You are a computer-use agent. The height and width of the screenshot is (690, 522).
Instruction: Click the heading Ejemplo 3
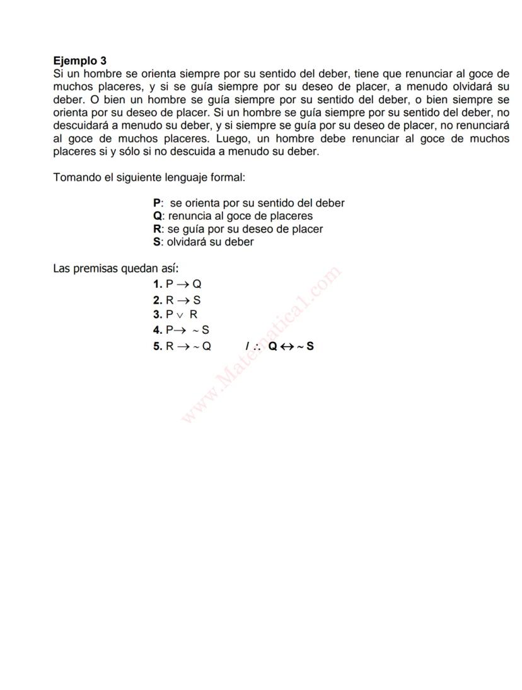coord(80,61)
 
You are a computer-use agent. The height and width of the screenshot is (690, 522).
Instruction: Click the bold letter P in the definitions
coord(157,203)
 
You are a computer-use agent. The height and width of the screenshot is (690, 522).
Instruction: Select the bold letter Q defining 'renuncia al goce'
coord(158,216)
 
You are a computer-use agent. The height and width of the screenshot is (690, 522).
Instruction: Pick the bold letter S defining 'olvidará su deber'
coord(157,242)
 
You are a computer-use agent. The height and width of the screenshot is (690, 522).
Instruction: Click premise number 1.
coord(158,284)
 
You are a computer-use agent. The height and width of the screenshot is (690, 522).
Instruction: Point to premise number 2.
coord(158,300)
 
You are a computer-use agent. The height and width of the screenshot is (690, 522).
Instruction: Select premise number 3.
coord(158,314)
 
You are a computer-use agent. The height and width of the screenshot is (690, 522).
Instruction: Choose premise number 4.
coord(158,329)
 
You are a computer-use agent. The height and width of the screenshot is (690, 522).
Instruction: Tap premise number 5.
coord(158,346)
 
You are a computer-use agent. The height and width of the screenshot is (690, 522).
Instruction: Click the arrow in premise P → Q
coord(183,285)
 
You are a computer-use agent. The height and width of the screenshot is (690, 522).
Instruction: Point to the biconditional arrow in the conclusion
coord(287,346)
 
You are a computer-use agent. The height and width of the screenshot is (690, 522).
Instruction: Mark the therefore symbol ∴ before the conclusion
coord(257,346)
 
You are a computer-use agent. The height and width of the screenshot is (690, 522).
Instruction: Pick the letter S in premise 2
coord(197,300)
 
